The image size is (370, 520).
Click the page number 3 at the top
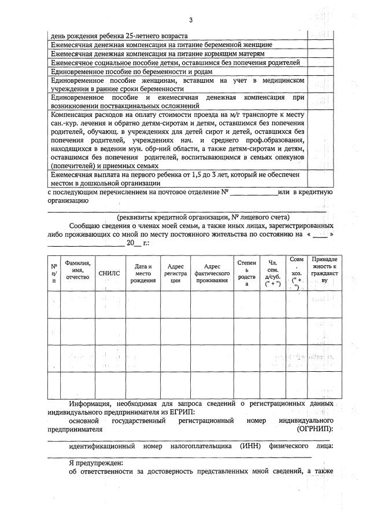[190, 21]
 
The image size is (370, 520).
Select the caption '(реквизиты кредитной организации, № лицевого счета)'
[191, 215]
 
